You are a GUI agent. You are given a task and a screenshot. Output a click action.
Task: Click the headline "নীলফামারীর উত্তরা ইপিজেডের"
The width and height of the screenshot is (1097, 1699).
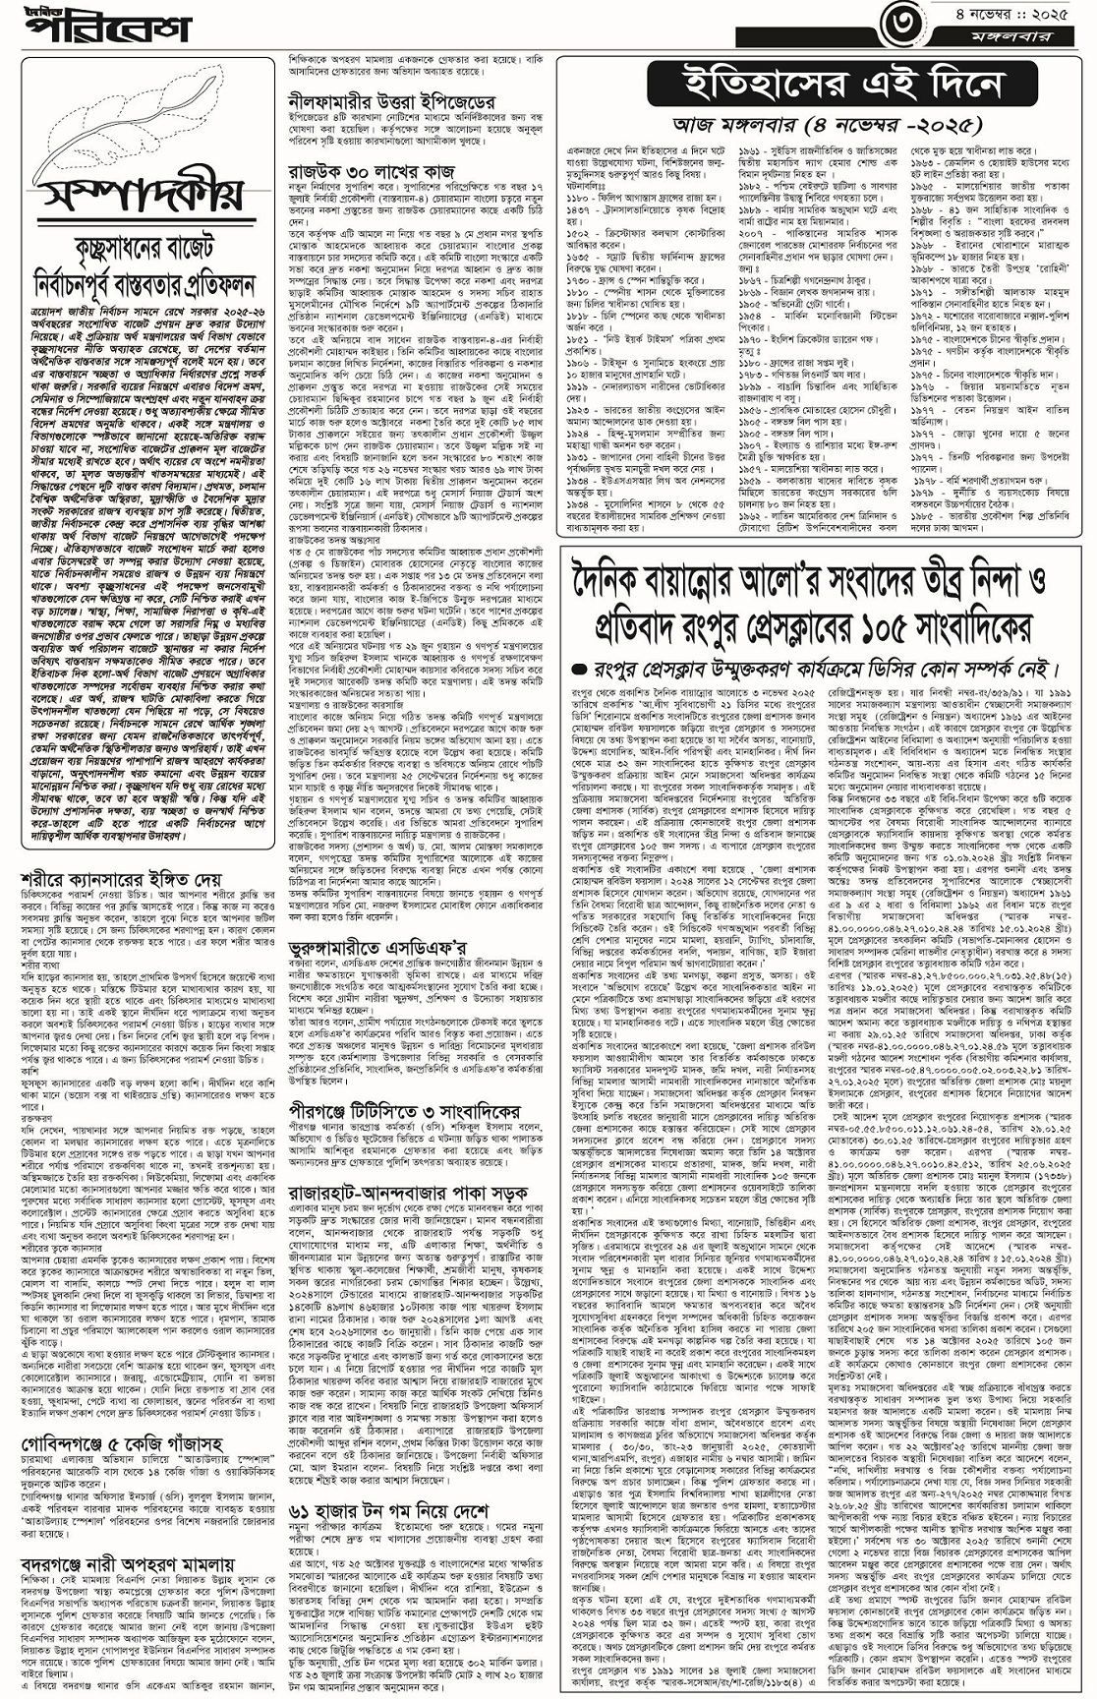tap(392, 101)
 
